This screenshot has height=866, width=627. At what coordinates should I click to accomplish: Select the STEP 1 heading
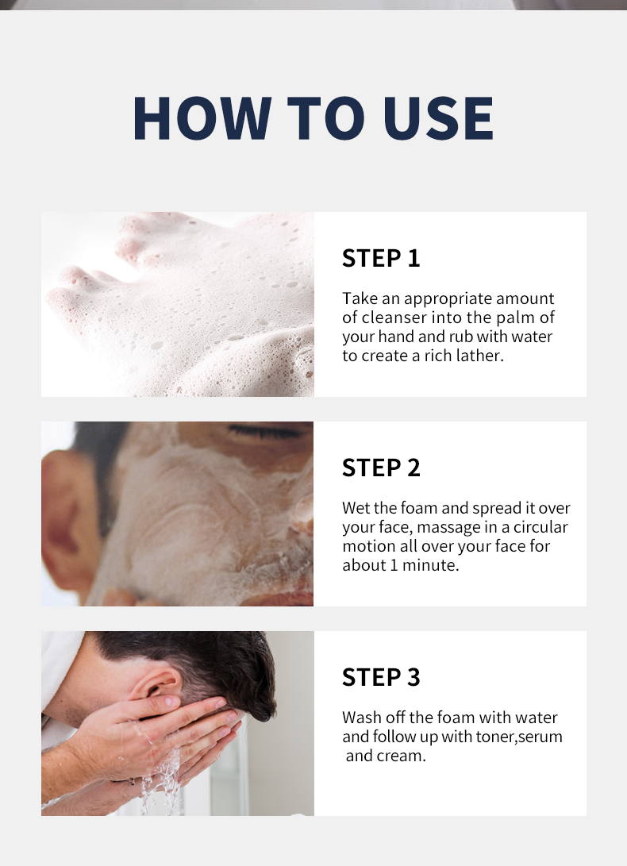pos(381,258)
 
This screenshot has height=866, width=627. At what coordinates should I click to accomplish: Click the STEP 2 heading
pos(381,468)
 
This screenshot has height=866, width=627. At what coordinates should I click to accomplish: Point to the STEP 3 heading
pos(381,677)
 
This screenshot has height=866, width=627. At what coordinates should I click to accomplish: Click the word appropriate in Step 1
pos(448,299)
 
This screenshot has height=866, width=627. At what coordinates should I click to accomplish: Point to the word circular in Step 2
pos(540,527)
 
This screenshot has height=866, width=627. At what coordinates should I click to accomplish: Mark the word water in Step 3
pos(536,718)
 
